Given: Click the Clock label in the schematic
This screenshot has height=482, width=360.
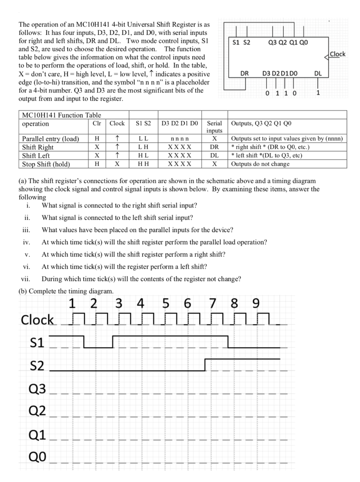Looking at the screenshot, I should coord(337,54).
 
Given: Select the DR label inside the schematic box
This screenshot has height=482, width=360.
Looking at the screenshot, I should coord(245,73).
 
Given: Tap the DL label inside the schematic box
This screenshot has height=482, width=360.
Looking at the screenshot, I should coord(318,73).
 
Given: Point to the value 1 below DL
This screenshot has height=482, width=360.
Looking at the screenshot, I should coord(318,93).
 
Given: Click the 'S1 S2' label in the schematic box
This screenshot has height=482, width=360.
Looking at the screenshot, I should coord(242,42).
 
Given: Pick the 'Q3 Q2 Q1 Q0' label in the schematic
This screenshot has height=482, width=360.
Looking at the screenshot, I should coord(288,42).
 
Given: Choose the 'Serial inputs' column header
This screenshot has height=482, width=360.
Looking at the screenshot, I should coord(214,127).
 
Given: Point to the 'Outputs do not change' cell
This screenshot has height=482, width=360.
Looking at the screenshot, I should coord(260,164).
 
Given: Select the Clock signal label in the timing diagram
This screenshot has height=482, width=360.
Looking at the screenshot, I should coord(38,320).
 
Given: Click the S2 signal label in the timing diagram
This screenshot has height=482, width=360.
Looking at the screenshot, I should coord(37,366).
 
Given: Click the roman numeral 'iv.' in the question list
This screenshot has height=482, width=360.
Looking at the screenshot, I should coord(26,242).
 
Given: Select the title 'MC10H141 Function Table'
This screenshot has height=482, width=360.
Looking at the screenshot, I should coord(62,115).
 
